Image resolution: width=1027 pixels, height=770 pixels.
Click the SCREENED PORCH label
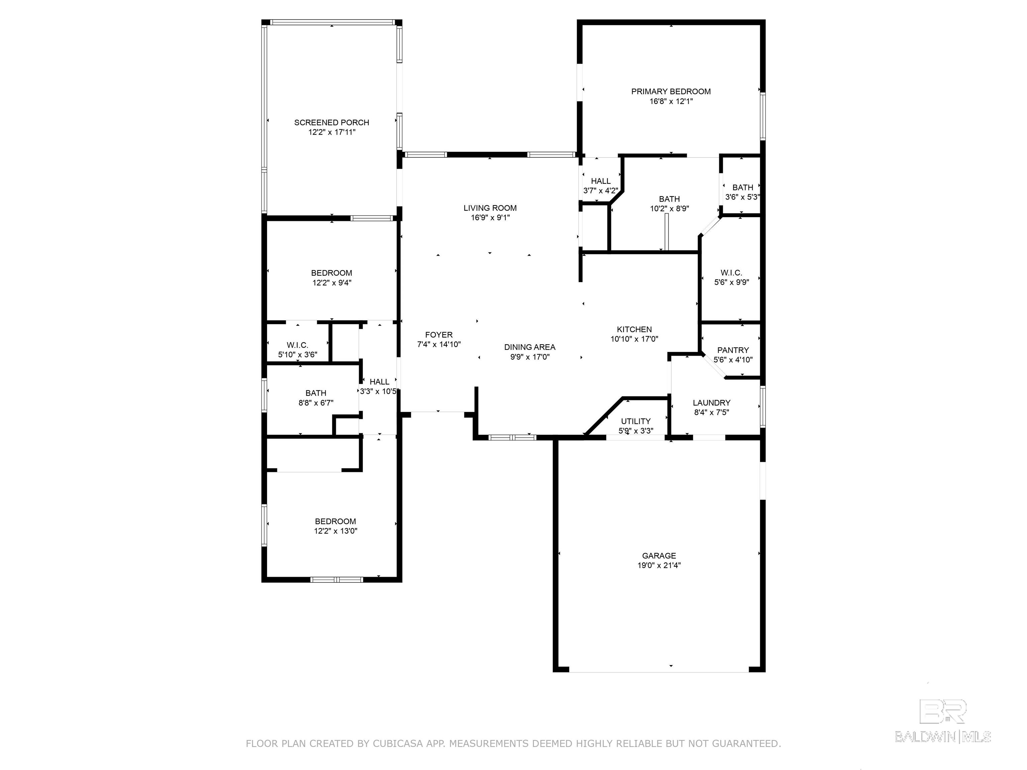[x=332, y=123]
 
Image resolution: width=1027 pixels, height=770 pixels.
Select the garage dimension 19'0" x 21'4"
[x=659, y=565]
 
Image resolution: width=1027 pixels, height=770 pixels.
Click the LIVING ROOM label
[x=490, y=208]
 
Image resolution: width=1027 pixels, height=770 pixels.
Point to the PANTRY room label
[x=733, y=350]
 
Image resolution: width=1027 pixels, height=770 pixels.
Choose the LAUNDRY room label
[x=711, y=403]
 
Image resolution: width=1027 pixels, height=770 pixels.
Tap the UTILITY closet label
[x=636, y=421]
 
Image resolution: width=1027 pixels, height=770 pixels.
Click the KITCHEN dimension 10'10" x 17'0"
[x=634, y=339]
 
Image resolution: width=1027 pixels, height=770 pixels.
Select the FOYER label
[x=439, y=335]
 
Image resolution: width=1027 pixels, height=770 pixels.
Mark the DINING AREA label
[x=530, y=347]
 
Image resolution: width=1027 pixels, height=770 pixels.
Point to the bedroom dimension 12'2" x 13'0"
[x=335, y=531]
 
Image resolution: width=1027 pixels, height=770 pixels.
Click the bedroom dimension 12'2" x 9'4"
[x=332, y=283]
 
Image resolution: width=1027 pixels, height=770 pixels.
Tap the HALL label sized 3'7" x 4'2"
[x=601, y=181]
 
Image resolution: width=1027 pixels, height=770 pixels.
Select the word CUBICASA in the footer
[x=397, y=744]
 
